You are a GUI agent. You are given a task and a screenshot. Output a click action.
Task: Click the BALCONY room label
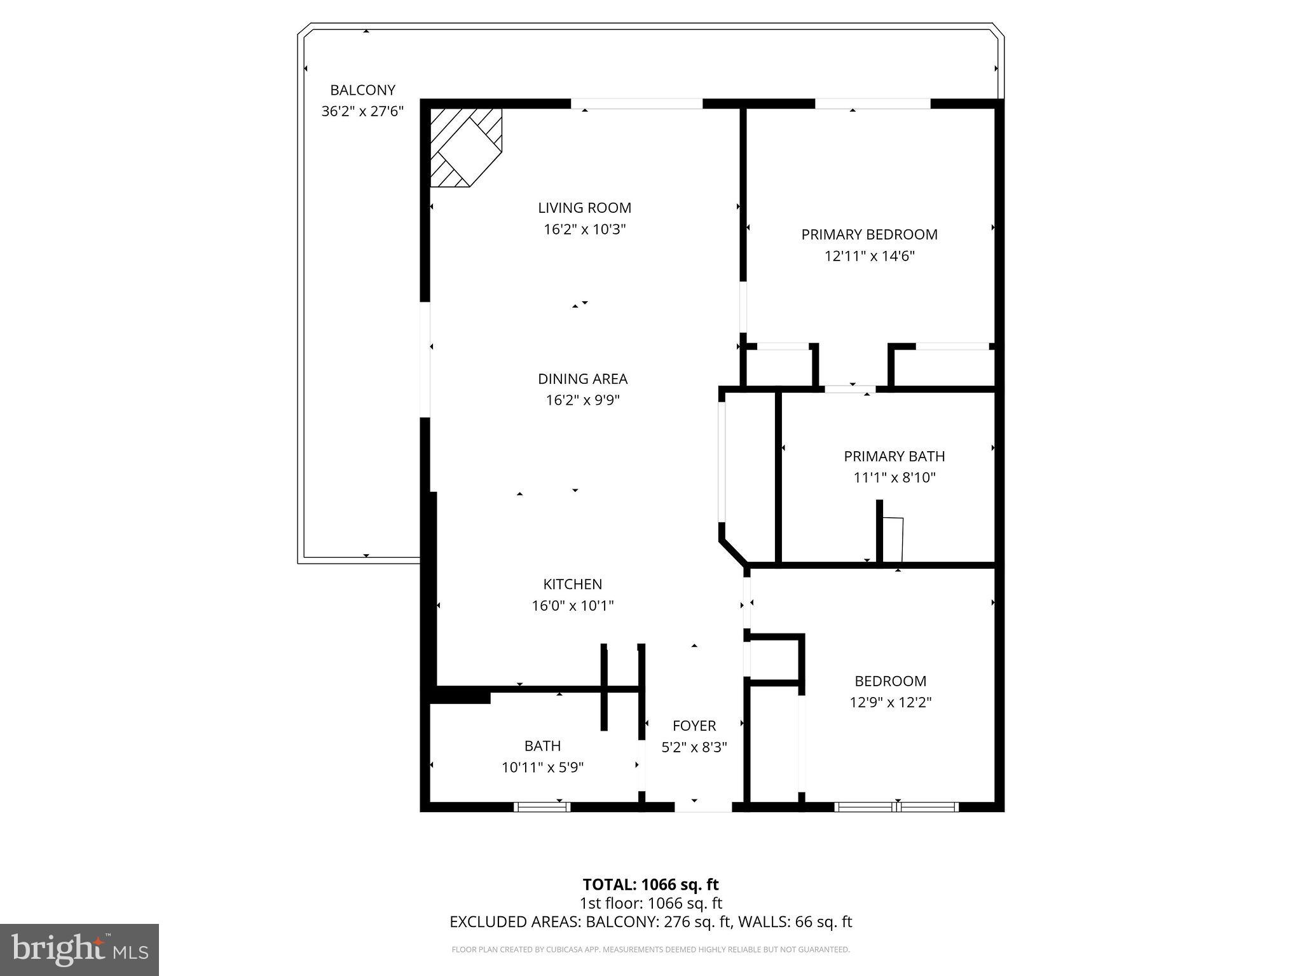coord(362,90)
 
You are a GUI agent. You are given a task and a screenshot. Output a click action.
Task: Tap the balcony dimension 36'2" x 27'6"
coord(362,111)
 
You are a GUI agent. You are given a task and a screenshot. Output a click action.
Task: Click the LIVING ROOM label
coord(584,208)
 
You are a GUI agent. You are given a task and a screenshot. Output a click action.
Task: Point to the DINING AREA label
coord(582,379)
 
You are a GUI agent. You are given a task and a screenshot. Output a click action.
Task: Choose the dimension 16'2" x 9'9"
coord(582,400)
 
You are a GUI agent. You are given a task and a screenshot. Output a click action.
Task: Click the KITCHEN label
coord(572,584)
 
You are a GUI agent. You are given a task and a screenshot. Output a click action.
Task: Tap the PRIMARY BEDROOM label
coord(869,234)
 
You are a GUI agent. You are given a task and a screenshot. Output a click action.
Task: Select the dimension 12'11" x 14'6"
coord(869,256)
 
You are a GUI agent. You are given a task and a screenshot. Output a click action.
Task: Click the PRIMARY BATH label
coord(894,456)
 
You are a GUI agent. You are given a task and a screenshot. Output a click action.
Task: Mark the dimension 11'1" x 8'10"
coord(894,478)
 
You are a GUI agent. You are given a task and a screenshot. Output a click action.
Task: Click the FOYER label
coord(694,726)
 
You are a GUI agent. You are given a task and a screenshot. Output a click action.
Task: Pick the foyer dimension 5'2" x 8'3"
coord(694,747)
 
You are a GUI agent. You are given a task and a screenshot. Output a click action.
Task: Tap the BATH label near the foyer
coord(542,745)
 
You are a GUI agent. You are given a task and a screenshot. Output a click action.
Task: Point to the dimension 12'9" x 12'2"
coord(890,702)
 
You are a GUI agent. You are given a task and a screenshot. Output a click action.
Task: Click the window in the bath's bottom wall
coord(542,807)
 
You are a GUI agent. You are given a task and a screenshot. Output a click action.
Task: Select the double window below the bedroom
coord(896,807)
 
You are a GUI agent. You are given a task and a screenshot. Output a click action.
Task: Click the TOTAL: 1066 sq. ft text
coord(650,884)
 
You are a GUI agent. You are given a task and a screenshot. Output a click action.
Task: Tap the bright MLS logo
coord(79,949)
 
